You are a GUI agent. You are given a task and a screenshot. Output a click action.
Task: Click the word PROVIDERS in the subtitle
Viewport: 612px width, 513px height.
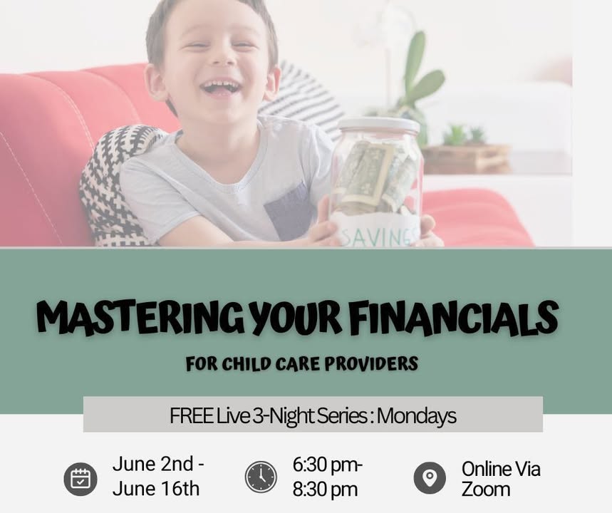point(371,363)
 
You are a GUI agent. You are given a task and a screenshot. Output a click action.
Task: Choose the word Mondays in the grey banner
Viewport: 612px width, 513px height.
point(417,417)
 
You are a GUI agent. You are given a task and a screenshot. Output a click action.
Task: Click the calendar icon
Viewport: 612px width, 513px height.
point(81,479)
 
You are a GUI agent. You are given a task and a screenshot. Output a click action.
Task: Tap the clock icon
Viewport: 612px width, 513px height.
point(261,477)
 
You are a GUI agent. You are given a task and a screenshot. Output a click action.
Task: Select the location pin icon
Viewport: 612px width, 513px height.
point(430,478)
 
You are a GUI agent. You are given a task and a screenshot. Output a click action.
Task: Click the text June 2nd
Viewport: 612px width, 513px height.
point(153,465)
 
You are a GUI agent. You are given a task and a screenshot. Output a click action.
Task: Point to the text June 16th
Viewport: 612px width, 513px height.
point(156,488)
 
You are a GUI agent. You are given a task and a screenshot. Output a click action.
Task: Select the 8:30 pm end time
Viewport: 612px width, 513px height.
point(325,489)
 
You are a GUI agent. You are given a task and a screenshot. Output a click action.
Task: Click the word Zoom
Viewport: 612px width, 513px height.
point(486,489)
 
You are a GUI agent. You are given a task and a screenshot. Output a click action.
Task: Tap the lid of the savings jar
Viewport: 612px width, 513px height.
point(378,125)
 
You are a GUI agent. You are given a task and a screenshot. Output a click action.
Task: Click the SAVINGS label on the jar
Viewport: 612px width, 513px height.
point(377,237)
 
